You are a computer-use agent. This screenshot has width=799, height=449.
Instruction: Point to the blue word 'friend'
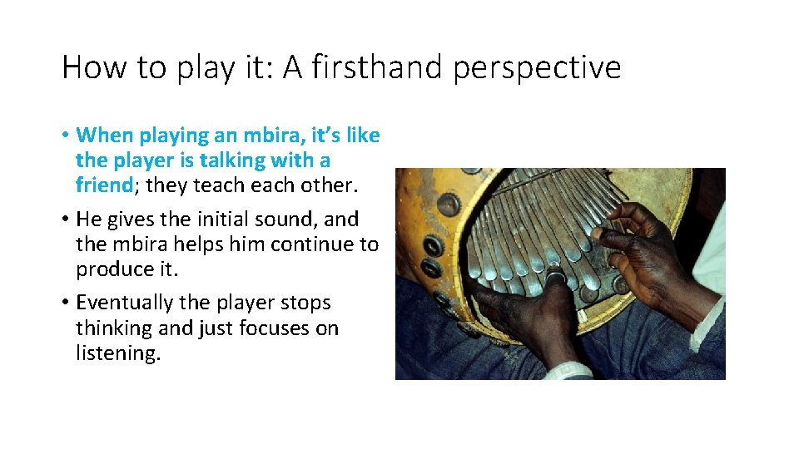point(104,185)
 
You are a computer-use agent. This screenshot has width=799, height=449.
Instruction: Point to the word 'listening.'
point(117,353)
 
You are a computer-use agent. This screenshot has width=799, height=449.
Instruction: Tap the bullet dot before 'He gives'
point(65,220)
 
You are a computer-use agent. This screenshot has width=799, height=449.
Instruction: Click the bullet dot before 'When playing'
point(65,135)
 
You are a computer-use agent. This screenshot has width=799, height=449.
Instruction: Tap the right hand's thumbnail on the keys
point(597,234)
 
